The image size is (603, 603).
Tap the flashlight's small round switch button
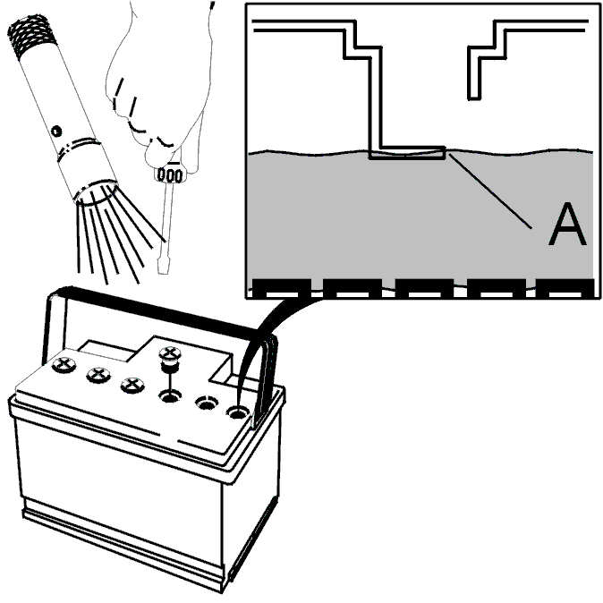click(x=57, y=131)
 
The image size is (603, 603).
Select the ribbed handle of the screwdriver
click(x=170, y=170)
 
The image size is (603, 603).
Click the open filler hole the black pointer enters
click(x=237, y=412)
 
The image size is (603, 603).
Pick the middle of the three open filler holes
click(x=205, y=403)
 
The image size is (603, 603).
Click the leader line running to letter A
click(x=501, y=192)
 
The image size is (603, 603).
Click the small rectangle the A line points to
click(x=408, y=153)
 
